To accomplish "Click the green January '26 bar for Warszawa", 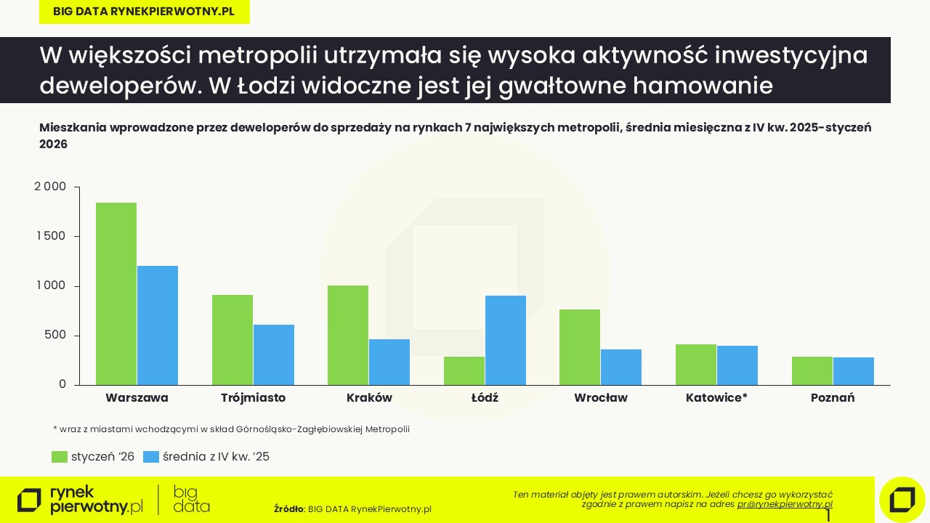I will click(x=116, y=293).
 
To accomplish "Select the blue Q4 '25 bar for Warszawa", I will click(x=158, y=325).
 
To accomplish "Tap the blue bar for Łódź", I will click(x=506, y=340).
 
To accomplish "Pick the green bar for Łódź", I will click(x=464, y=370).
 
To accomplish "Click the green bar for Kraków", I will click(x=348, y=335).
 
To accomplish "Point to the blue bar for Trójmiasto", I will click(x=274, y=354).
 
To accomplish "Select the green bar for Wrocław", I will click(x=580, y=347).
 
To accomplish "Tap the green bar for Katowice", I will click(x=696, y=365).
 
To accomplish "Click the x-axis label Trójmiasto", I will click(x=253, y=398).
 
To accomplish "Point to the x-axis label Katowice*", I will click(x=716, y=398).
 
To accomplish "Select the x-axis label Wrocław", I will click(x=601, y=398).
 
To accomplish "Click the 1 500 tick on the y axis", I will click(x=50, y=236).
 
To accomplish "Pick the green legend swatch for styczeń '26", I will click(x=60, y=457).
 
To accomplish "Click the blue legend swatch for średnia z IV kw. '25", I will click(x=151, y=457).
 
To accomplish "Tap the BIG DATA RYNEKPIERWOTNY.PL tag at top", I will click(x=144, y=12).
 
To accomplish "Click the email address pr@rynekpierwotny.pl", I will click(x=785, y=503).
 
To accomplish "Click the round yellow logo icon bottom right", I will click(x=902, y=500).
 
